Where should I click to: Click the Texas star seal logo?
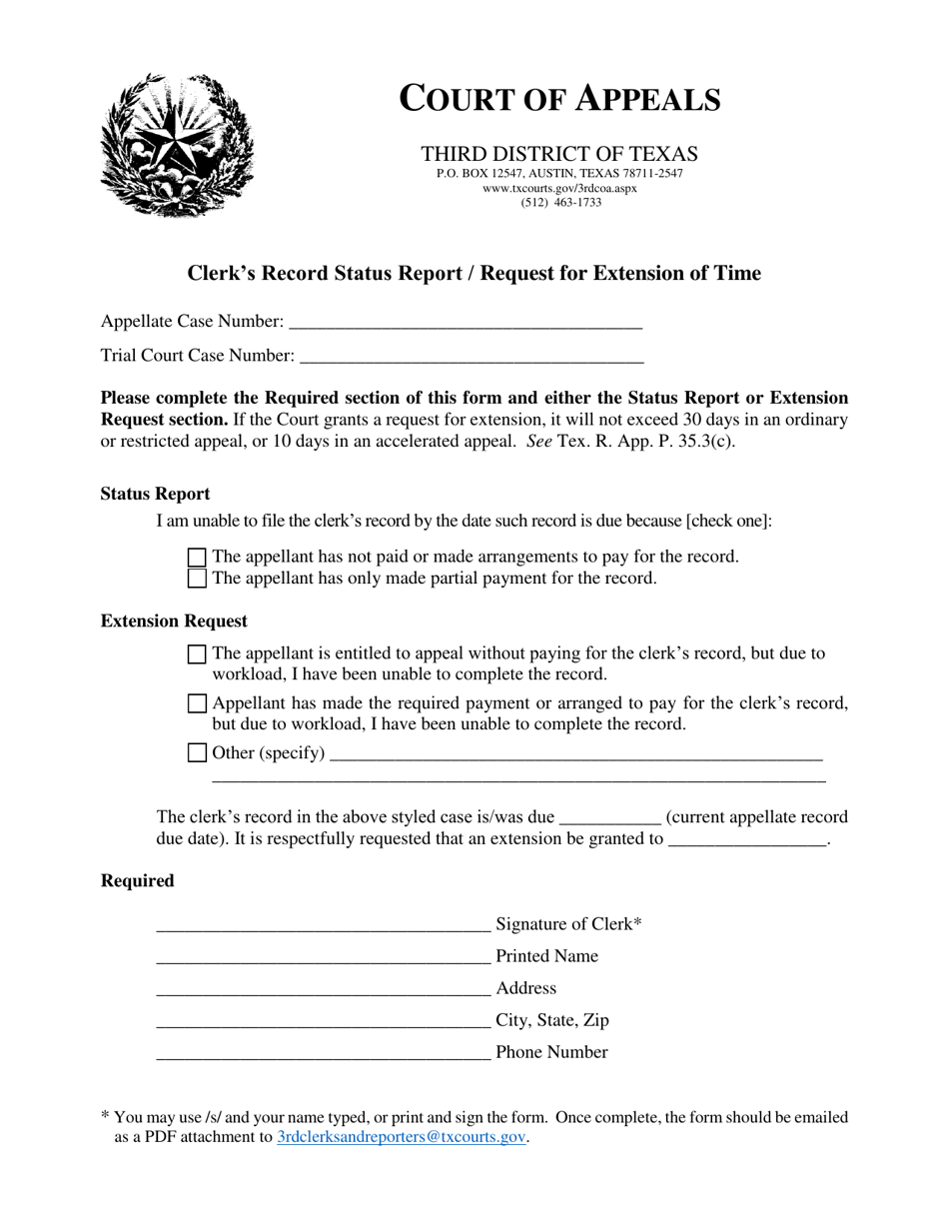pyautogui.click(x=177, y=146)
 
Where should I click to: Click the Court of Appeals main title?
pyautogui.click(x=559, y=99)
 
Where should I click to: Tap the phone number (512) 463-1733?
pyautogui.click(x=560, y=202)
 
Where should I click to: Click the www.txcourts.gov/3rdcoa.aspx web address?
pyautogui.click(x=559, y=188)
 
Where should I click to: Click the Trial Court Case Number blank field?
pyautogui.click(x=472, y=356)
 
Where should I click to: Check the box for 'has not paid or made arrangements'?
pyautogui.click(x=198, y=558)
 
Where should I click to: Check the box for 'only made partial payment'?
pyautogui.click(x=198, y=579)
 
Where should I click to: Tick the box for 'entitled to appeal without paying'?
pyautogui.click(x=198, y=654)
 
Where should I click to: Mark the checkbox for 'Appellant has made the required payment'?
pyautogui.click(x=198, y=703)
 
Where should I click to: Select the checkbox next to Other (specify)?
pyautogui.click(x=198, y=753)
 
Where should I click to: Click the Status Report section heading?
pyautogui.click(x=155, y=494)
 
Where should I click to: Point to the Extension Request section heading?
pyautogui.click(x=174, y=621)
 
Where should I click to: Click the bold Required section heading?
pyautogui.click(x=137, y=880)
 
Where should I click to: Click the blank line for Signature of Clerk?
pyautogui.click(x=324, y=925)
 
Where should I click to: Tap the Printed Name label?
pyautogui.click(x=546, y=956)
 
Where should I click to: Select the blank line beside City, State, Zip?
pyautogui.click(x=324, y=1021)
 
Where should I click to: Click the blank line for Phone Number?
pyautogui.click(x=324, y=1053)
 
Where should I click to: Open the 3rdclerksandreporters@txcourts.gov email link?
pyautogui.click(x=401, y=1137)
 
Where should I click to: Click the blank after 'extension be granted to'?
pyautogui.click(x=747, y=840)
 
